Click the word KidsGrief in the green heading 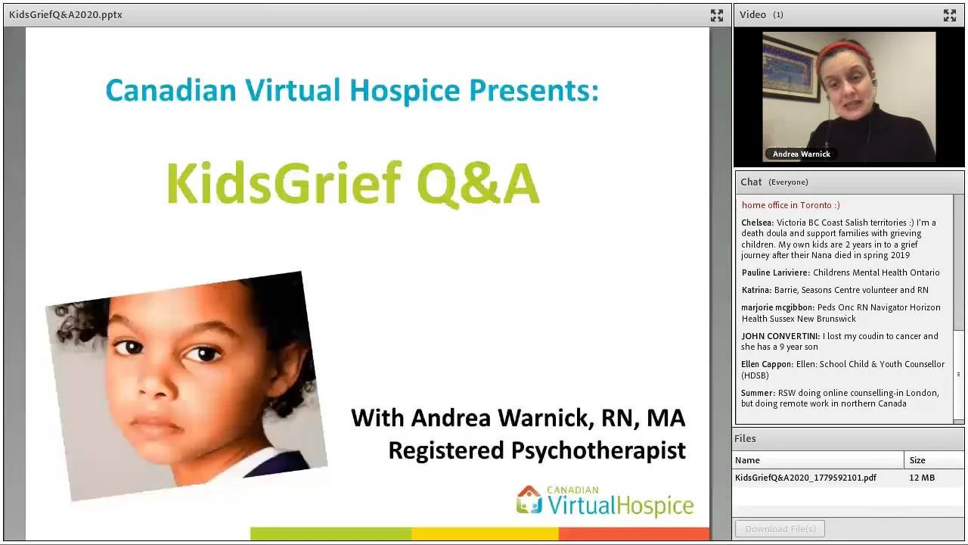(287, 184)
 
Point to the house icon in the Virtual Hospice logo (529, 500)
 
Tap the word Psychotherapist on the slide (598, 450)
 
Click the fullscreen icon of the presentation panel (716, 15)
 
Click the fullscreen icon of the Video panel (949, 15)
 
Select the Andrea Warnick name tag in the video (801, 154)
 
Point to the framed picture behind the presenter (790, 68)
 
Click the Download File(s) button (780, 529)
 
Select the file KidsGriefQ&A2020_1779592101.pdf (805, 478)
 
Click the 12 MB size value (922, 478)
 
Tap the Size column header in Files (917, 460)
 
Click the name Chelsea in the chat (757, 223)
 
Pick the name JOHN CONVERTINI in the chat (780, 336)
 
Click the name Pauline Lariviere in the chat (775, 272)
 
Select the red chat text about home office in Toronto (790, 205)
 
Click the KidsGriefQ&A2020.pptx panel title (66, 14)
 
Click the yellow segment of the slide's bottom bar (485, 534)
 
